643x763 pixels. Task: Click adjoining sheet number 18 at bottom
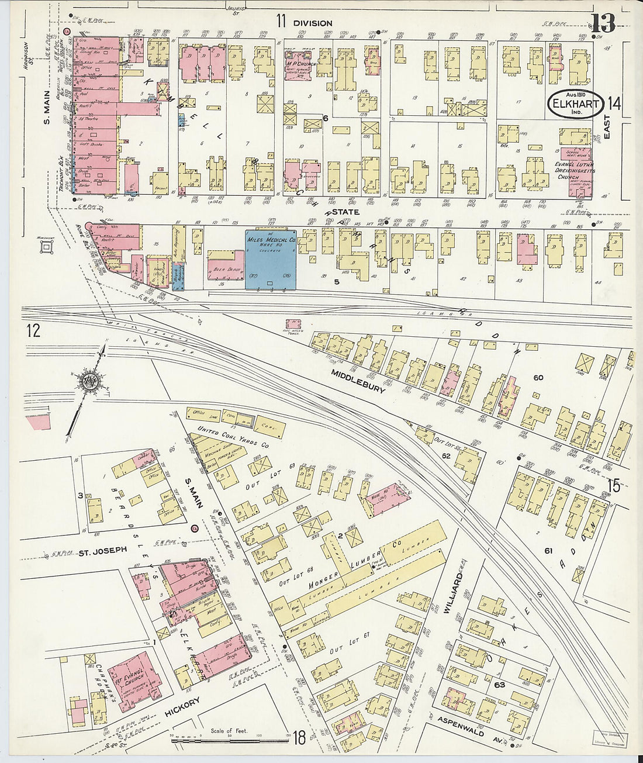click(299, 738)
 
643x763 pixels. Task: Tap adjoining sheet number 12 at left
click(33, 332)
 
